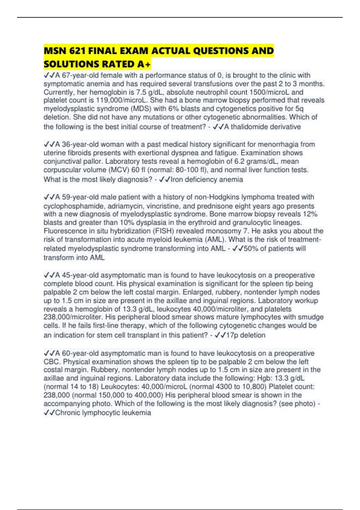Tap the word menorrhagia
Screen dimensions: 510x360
[x=278, y=144]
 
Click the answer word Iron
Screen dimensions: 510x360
[x=177, y=180]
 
